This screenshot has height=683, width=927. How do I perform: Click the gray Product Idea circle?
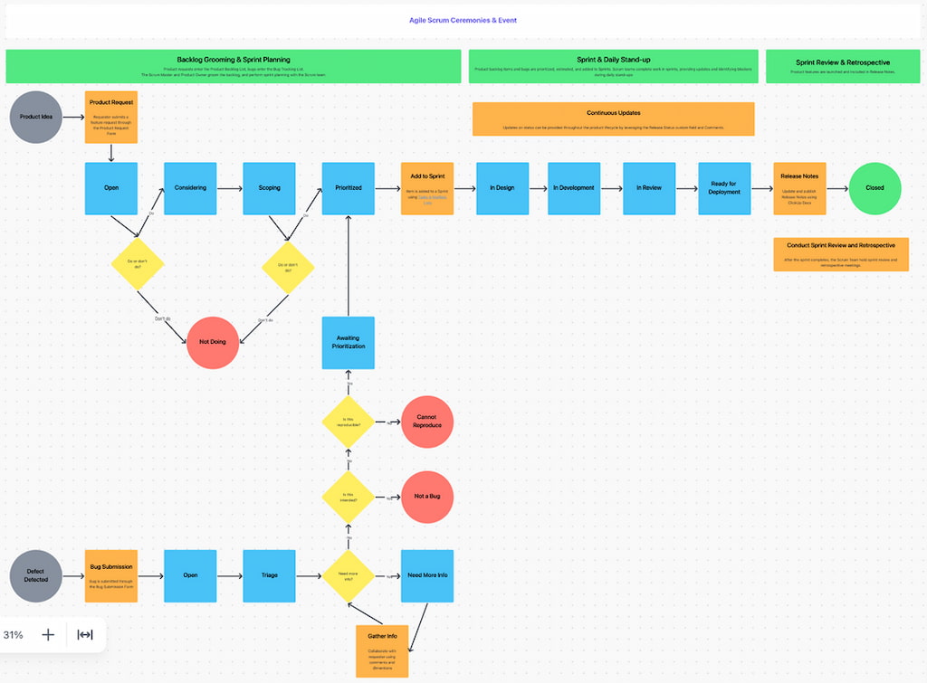point(36,117)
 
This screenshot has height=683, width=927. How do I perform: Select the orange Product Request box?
point(111,117)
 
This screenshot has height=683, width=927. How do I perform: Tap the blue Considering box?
point(190,188)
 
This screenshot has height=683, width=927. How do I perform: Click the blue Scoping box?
point(269,188)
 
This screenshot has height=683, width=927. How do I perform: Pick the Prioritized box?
point(349,188)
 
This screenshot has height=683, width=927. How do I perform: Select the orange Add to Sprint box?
point(427,188)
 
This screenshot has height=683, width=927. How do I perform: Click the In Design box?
point(502,188)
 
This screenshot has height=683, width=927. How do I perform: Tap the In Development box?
point(574,188)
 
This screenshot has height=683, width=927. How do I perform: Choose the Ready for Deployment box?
point(724,188)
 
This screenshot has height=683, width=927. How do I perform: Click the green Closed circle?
point(874,188)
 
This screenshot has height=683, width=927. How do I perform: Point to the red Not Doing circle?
point(213,342)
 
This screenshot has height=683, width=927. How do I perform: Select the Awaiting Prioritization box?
point(349,342)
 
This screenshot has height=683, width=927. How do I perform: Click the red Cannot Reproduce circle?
point(427,422)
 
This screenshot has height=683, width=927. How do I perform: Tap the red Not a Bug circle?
point(427,497)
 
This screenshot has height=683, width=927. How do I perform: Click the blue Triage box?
point(269,575)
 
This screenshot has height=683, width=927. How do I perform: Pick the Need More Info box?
point(427,575)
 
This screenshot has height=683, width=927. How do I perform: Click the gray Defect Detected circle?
point(36,575)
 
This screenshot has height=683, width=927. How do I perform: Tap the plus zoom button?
point(48,635)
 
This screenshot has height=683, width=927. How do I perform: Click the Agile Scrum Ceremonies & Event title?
point(463,20)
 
